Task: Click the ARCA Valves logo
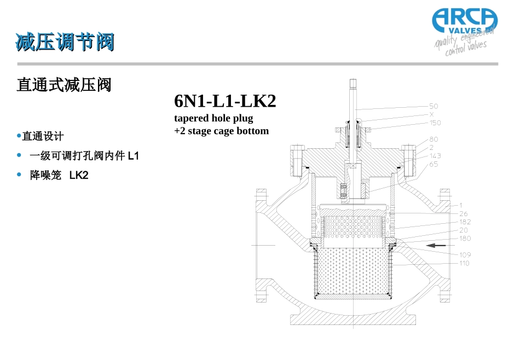[465, 32]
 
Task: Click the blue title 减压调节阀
[65, 42]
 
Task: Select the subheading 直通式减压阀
[64, 85]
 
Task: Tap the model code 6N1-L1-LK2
[225, 101]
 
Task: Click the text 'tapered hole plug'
[213, 118]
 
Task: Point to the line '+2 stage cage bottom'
[222, 131]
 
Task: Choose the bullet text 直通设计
[43, 136]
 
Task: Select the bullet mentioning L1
[84, 155]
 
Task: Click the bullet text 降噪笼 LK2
[59, 175]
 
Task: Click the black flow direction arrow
[436, 245]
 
